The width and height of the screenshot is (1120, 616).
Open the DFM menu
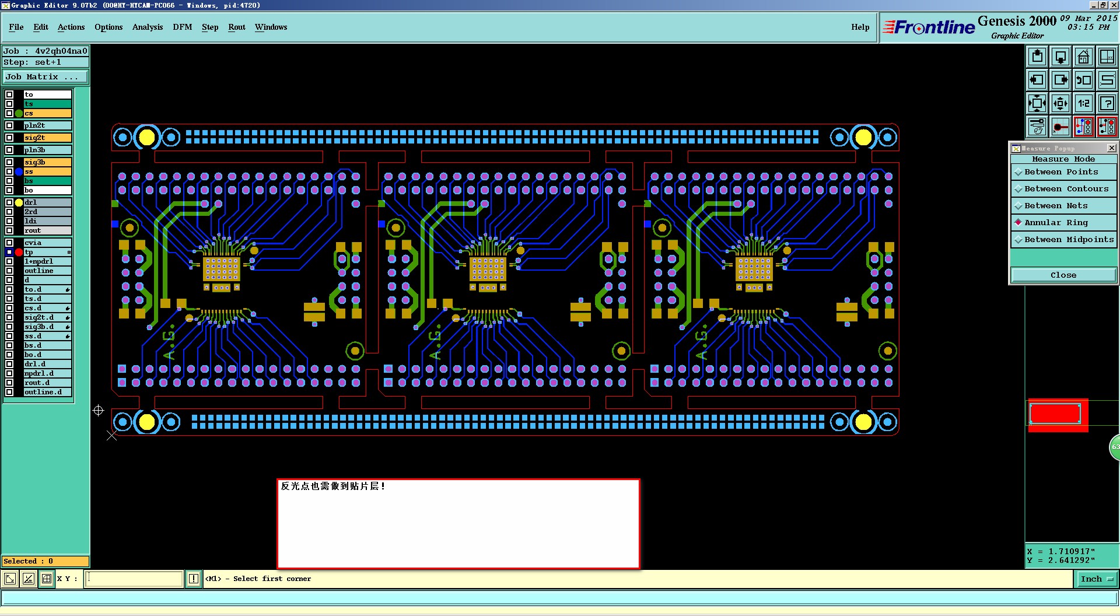[182, 27]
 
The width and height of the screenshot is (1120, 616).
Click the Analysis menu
[147, 27]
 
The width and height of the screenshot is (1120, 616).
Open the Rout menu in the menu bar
[236, 27]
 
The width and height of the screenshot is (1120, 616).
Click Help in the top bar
[860, 27]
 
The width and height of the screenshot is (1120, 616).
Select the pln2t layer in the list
[47, 125]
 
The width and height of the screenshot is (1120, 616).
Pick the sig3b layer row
[47, 162]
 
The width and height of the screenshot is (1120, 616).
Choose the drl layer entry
[47, 202]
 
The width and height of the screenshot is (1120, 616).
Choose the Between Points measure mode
[1061, 172]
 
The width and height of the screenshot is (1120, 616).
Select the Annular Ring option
[1056, 223]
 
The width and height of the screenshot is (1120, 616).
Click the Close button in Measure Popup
[1063, 275]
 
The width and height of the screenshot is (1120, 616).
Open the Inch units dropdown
[1097, 579]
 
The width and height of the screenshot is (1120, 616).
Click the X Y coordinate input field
[134, 579]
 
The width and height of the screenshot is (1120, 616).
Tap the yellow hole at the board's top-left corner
[147, 138]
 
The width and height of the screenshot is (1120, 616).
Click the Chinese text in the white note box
[332, 486]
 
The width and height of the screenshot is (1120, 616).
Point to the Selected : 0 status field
[45, 561]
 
